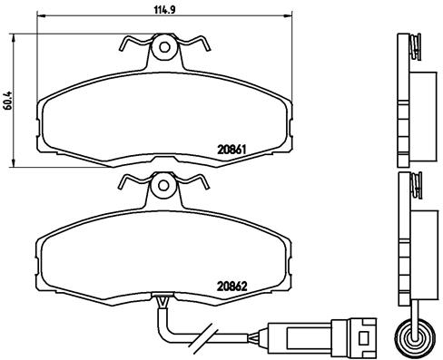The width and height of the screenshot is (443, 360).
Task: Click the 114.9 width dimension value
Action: [165, 10]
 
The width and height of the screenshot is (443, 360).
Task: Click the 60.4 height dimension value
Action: [8, 100]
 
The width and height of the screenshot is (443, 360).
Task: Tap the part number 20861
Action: [231, 150]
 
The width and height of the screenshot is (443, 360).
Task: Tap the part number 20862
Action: [232, 286]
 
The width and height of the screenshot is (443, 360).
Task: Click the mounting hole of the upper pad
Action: [164, 47]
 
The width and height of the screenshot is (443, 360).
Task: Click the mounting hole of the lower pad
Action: [163, 185]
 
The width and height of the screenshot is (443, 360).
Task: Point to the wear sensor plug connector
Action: [322, 336]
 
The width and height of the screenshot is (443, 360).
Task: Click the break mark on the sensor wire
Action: [204, 336]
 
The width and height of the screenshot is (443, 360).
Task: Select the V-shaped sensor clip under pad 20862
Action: [162, 303]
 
